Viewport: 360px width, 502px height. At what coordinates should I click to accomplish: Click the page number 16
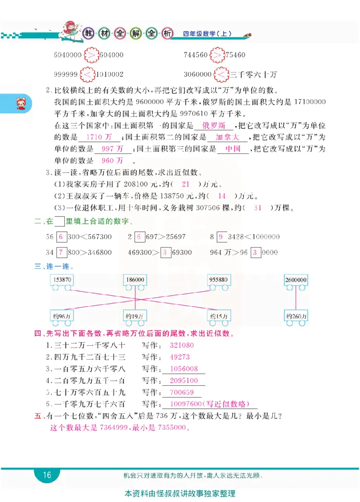(x=47, y=475)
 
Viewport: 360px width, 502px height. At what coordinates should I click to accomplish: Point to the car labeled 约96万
(x=62, y=317)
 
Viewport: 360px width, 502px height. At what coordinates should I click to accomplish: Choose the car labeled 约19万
(x=135, y=317)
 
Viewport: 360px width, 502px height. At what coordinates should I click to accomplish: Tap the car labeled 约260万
(x=296, y=317)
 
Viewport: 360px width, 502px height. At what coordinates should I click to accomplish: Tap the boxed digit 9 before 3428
(x=220, y=237)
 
